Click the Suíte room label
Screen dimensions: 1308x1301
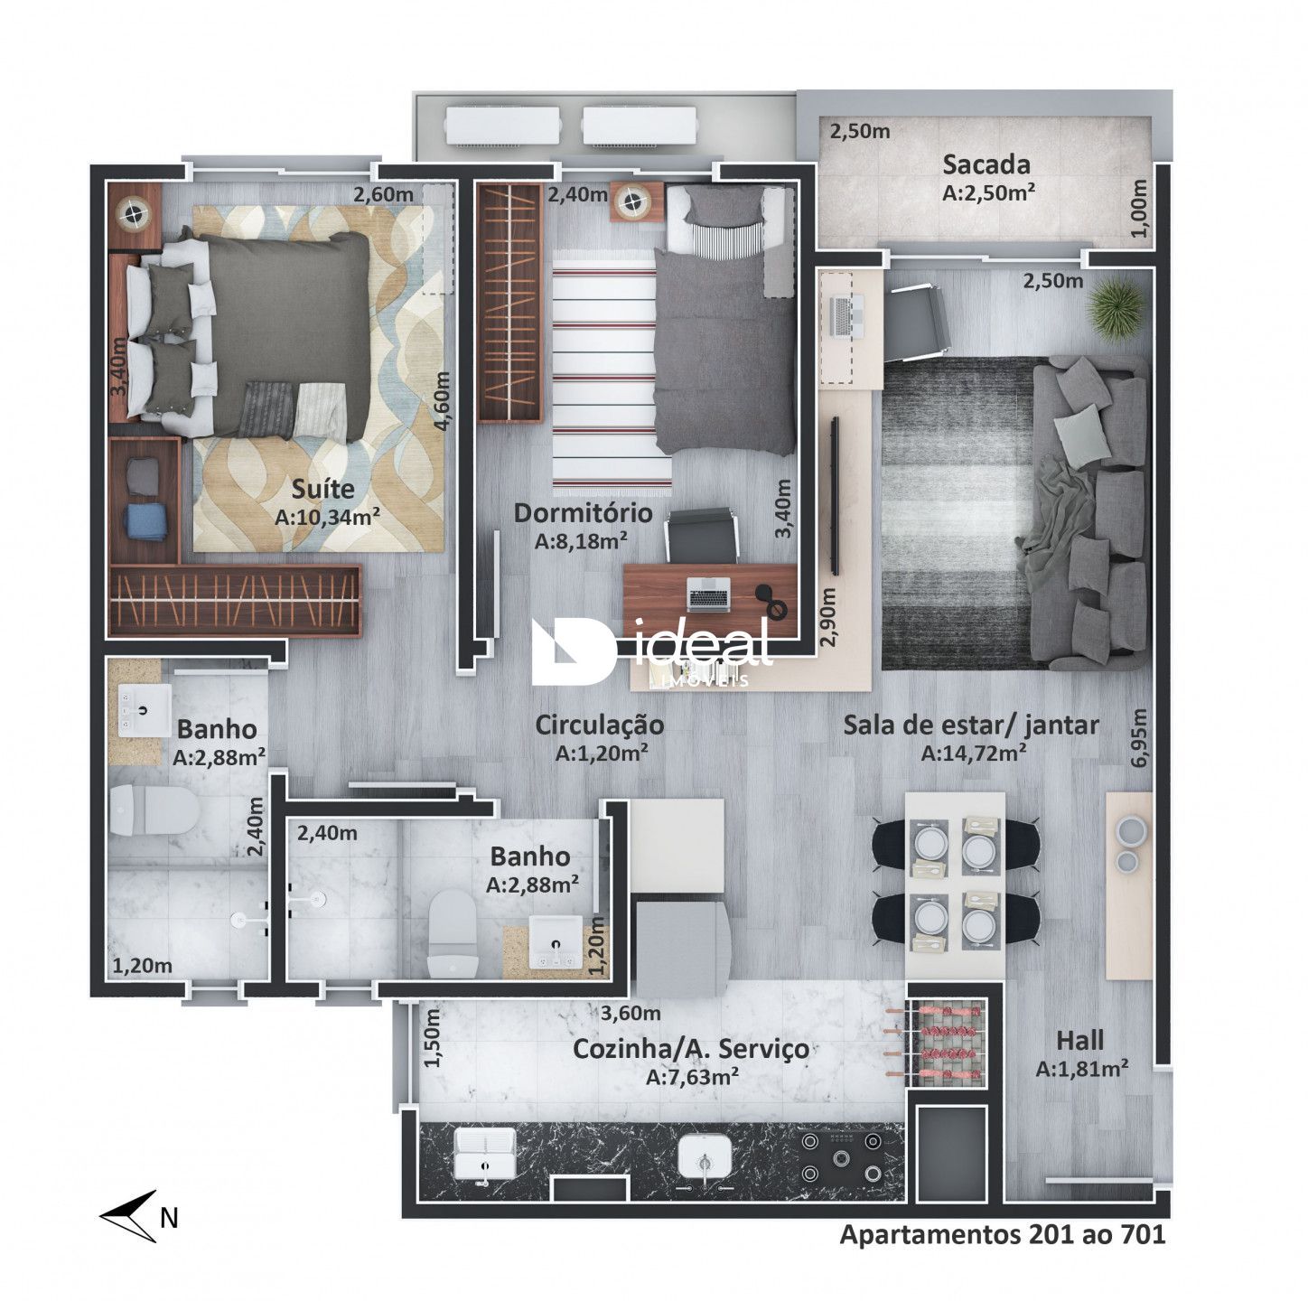pos(323,490)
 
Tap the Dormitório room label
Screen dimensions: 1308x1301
pos(583,512)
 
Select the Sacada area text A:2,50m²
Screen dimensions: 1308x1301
pos(988,192)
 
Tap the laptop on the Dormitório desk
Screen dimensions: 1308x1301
pos(708,594)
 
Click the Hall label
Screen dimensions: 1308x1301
pos(1080,1040)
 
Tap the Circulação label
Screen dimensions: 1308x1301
pos(600,725)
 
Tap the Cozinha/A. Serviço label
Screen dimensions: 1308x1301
pos(691,1049)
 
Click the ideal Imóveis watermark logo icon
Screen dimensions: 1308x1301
pos(575,651)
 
